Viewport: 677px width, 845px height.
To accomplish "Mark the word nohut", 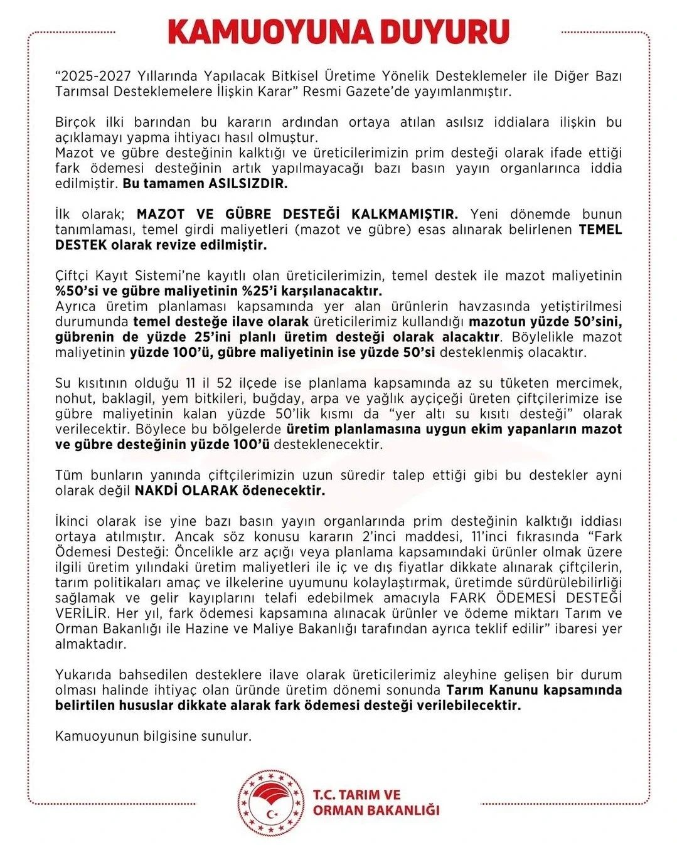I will pos(73,398).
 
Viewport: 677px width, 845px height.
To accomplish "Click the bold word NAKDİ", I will pos(156,491).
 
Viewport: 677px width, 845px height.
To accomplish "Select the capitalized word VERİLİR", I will pos(81,614).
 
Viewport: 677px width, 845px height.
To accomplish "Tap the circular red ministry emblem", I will pos(270,803).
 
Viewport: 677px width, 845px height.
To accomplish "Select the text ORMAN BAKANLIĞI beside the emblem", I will pos(376,810).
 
